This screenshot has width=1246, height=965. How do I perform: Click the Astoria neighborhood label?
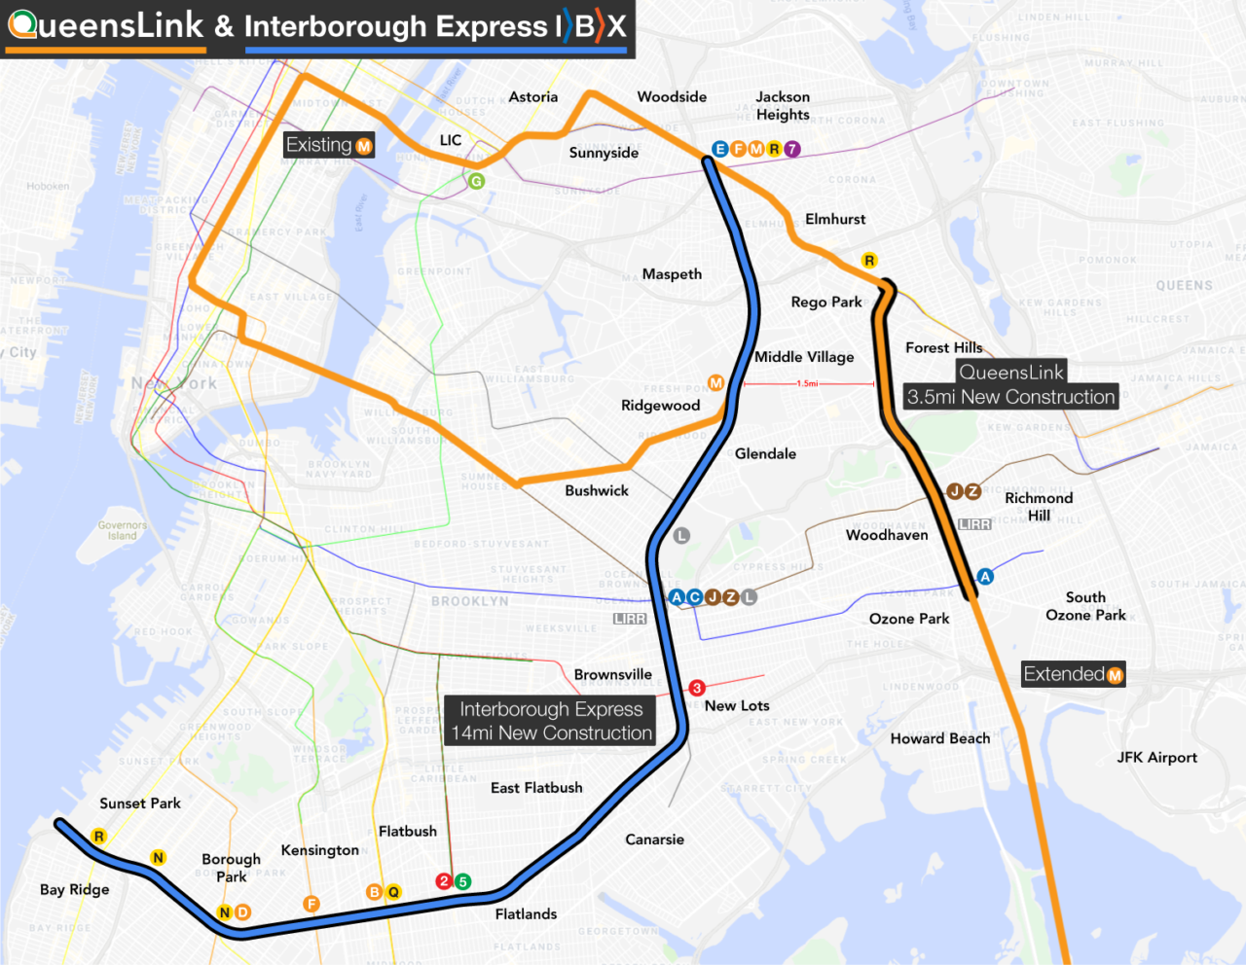coord(532,97)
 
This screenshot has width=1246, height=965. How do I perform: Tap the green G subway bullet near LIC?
coord(476,181)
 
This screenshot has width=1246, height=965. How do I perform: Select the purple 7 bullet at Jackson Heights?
coord(792,149)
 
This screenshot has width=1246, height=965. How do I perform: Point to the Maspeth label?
coord(672,274)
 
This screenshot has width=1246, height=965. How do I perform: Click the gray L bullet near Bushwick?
coord(681,536)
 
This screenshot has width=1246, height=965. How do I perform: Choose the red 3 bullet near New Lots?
coord(697,688)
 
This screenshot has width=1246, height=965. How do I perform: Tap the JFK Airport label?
coord(1156,758)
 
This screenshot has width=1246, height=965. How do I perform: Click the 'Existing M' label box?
coord(329,145)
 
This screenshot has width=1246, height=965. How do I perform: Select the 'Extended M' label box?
coord(1073,674)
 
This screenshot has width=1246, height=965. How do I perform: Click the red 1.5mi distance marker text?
coord(807,383)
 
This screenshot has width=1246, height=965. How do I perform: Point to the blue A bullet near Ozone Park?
coord(985,577)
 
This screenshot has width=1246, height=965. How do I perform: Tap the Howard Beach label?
coord(939,739)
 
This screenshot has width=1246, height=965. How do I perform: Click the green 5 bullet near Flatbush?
coord(463,881)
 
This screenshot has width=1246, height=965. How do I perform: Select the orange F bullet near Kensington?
coord(311,904)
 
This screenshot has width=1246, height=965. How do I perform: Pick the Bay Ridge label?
coord(75,889)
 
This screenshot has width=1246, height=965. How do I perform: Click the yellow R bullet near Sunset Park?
coord(98,837)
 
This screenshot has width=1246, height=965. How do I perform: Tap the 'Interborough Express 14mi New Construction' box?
coord(551,721)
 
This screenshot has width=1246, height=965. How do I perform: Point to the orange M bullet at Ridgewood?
coord(715,383)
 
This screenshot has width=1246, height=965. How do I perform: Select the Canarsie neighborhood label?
coord(654,840)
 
